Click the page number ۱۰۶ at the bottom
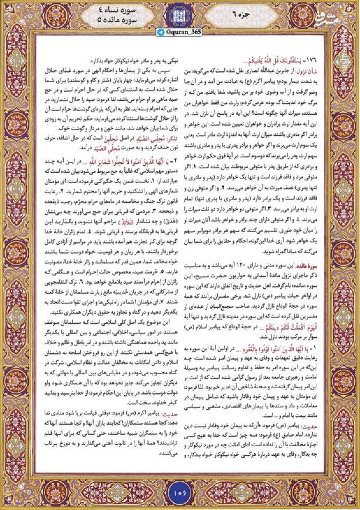click(180, 492)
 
